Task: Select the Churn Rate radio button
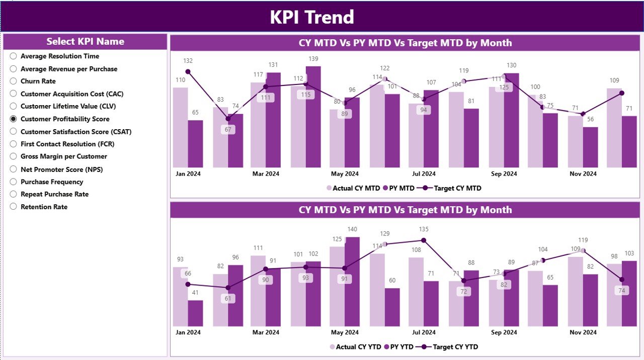point(14,81)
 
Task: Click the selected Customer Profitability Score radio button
point(14,119)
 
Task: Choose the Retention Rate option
point(14,207)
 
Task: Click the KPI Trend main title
point(312,17)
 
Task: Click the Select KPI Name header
point(85,42)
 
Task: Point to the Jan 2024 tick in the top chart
point(188,174)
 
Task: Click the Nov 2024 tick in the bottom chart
point(583,332)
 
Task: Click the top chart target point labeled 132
point(188,72)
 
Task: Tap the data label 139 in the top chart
point(313,59)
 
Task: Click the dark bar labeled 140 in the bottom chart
point(352,282)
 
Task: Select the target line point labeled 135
point(424,240)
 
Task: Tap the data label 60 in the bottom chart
point(392,281)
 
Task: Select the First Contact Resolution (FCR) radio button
point(14,144)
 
